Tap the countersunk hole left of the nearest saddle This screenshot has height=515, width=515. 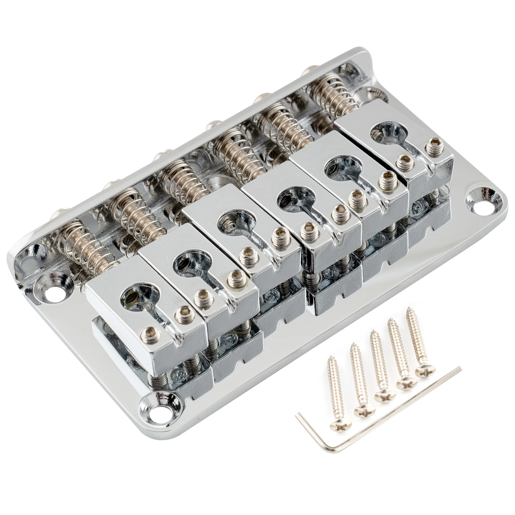(x=54, y=289)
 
